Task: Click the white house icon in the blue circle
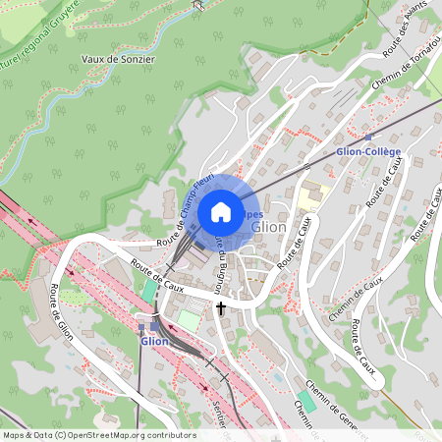221,211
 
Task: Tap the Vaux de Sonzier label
117,58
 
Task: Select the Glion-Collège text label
367,152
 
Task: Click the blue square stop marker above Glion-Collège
368,138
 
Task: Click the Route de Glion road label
71,311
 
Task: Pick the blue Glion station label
155,342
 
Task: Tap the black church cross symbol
220,308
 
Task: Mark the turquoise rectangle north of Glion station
149,291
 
